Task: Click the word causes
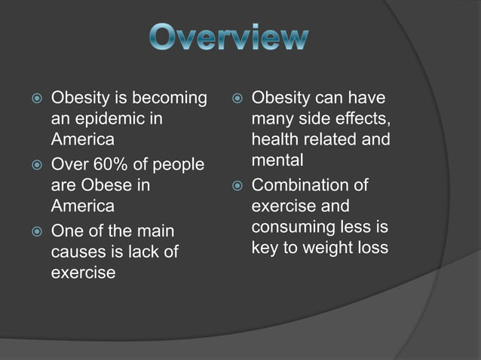[77, 251]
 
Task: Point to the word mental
[277, 160]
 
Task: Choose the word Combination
[299, 185]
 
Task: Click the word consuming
[290, 227]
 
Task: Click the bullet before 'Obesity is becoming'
[29, 99]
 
